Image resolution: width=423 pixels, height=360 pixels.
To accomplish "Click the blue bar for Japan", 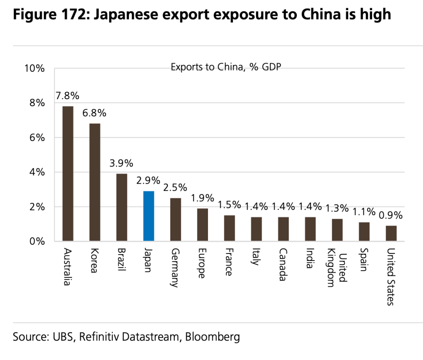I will pyautogui.click(x=148, y=216).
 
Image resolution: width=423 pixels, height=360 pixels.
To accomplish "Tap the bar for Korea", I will pyautogui.click(x=95, y=182).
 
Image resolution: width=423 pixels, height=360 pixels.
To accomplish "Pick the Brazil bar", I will pyautogui.click(x=121, y=207).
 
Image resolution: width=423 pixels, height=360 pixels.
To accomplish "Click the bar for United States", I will pyautogui.click(x=391, y=233).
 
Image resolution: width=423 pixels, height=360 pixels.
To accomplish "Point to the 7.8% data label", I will pyautogui.click(x=67, y=96).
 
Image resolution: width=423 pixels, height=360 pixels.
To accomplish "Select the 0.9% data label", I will pyautogui.click(x=390, y=215).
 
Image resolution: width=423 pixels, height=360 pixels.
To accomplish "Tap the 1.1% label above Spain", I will pyautogui.click(x=364, y=212).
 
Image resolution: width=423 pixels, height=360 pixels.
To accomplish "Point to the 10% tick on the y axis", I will pyautogui.click(x=34, y=69).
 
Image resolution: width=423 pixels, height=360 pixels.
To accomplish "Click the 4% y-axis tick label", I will pyautogui.click(x=37, y=172).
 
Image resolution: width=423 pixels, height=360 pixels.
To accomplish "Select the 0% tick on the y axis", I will pyautogui.click(x=37, y=241).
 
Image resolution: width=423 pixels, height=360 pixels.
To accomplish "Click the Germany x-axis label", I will pyautogui.click(x=175, y=268).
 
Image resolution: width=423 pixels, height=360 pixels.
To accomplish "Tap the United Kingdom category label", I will pyautogui.click(x=337, y=268).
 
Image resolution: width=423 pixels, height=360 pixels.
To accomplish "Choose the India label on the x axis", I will pyautogui.click(x=310, y=259).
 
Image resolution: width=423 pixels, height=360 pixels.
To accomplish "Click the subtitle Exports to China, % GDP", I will pyautogui.click(x=226, y=67).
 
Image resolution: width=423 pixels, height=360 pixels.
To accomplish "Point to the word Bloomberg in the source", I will pyautogui.click(x=212, y=336).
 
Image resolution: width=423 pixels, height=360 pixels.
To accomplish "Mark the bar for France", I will pyautogui.click(x=229, y=228).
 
